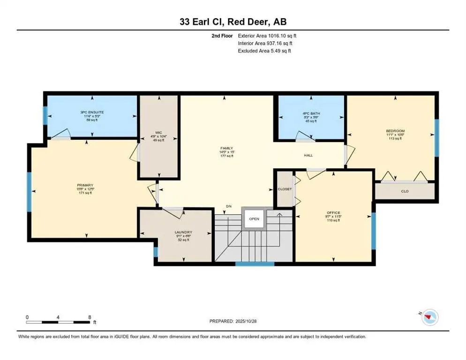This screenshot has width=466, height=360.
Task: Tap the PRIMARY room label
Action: (x=85, y=185)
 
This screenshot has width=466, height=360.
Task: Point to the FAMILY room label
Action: (x=226, y=148)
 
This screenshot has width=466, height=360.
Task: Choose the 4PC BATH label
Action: (x=309, y=113)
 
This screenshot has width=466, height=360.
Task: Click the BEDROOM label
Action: (x=395, y=131)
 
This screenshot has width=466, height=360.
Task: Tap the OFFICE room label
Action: (x=333, y=213)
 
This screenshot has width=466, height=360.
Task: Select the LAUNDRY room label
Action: (x=183, y=232)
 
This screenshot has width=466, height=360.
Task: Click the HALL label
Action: (x=308, y=155)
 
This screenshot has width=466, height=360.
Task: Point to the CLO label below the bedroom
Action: (x=405, y=191)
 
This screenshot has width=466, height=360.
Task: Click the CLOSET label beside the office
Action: (x=284, y=189)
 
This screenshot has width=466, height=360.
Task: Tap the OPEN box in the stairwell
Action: (x=254, y=218)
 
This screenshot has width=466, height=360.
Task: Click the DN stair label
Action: (x=229, y=206)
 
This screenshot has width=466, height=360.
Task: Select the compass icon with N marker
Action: (x=428, y=318)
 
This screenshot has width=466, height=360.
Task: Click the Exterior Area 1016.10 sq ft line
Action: (x=267, y=35)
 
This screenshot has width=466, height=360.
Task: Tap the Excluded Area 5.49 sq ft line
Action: (x=264, y=51)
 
